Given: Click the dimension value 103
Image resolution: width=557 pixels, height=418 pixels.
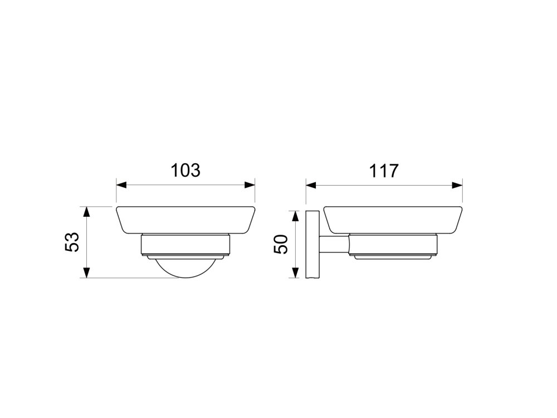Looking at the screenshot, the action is coord(185,170).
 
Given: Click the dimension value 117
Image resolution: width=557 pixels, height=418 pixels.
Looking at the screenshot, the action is coord(384,171).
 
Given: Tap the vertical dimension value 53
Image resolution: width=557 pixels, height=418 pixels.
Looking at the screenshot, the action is coord(72,242).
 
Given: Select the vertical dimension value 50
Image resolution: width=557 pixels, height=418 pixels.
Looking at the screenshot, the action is coord(280,244).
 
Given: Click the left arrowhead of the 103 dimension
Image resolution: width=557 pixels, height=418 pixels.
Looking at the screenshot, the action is coord(121,185).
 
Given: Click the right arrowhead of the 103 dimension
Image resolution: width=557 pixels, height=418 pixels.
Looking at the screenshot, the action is coord(250,185).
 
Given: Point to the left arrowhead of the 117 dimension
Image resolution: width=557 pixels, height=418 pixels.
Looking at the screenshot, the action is coord(311,185).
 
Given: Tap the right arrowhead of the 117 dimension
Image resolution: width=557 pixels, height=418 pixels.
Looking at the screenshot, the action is coord(457,185).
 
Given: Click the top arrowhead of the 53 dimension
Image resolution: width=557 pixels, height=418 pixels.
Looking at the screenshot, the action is coord(86,211).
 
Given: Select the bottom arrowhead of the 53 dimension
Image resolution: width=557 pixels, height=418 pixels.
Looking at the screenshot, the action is coord(86,273).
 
